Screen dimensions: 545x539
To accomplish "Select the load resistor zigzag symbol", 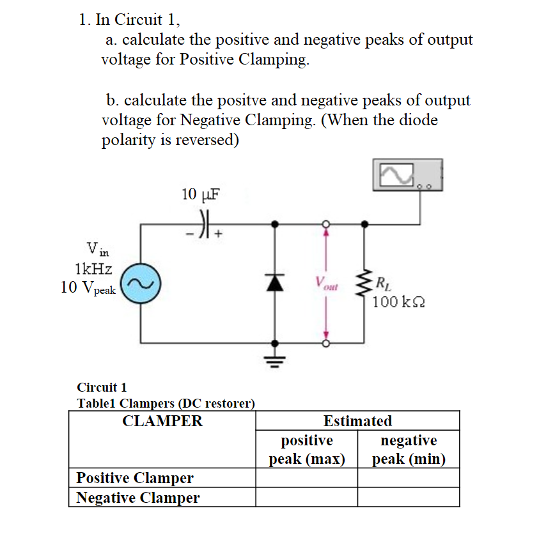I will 366,283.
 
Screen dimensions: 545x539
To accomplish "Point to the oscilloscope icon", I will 408,175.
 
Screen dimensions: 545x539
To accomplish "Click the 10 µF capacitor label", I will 201,194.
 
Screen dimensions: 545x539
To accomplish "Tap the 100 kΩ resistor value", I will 398,301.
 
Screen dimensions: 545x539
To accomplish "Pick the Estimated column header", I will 357,421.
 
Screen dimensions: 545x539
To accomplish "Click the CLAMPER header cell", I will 162,421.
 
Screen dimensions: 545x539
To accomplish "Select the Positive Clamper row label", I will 135,478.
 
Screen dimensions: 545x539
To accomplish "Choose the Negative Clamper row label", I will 137,498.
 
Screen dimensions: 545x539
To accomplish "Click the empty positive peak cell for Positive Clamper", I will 306,478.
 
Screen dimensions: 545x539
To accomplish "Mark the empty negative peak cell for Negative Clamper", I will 408,498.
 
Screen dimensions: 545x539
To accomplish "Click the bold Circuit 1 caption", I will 102,387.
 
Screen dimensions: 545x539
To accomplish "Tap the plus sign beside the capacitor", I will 219,234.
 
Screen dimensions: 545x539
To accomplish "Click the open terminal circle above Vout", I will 325,224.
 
